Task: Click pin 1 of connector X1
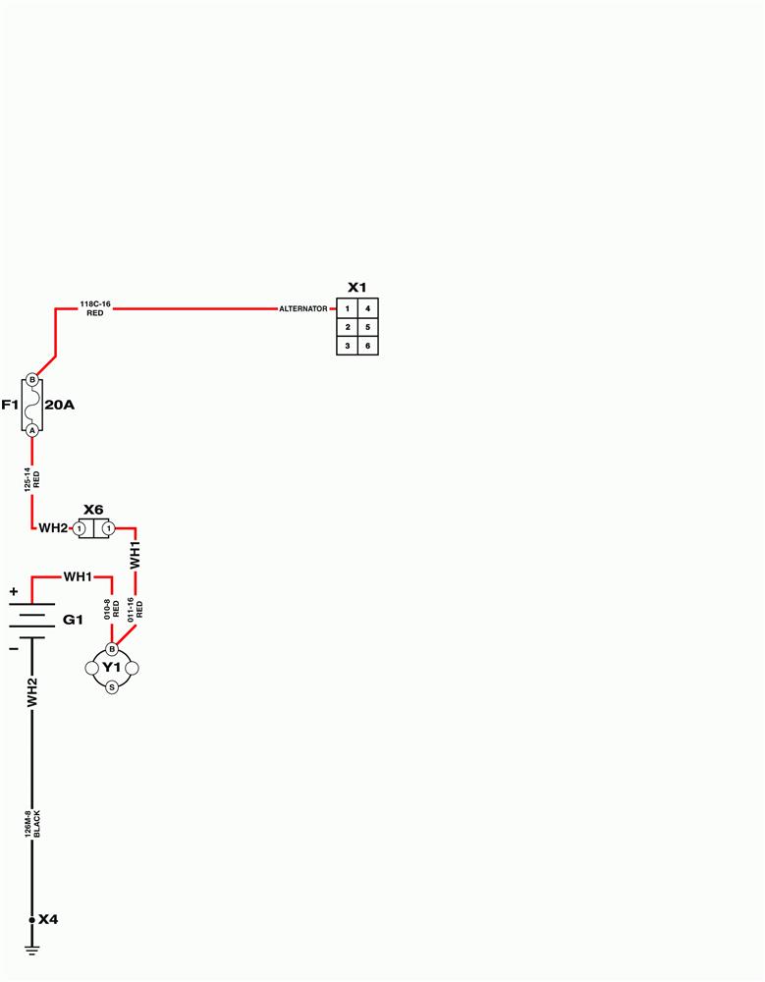[x=347, y=308]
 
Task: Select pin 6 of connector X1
[x=368, y=346]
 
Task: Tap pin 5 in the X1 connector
[x=368, y=327]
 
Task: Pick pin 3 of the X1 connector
[x=347, y=346]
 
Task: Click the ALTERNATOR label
[x=303, y=308]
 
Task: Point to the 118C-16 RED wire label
[x=95, y=308]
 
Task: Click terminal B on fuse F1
[x=32, y=379]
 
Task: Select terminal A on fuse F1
[x=32, y=430]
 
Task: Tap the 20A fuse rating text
[x=60, y=406]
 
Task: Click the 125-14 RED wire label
[x=32, y=479]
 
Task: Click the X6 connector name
[x=93, y=510]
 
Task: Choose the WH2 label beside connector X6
[x=53, y=528]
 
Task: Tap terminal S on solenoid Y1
[x=112, y=687]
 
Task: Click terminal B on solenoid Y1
[x=112, y=649]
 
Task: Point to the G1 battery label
[x=73, y=620]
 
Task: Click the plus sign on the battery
[x=14, y=590]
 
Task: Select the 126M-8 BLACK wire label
[x=32, y=824]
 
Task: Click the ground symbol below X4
[x=32, y=950]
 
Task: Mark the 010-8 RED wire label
[x=112, y=609]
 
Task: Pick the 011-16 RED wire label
[x=136, y=608]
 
